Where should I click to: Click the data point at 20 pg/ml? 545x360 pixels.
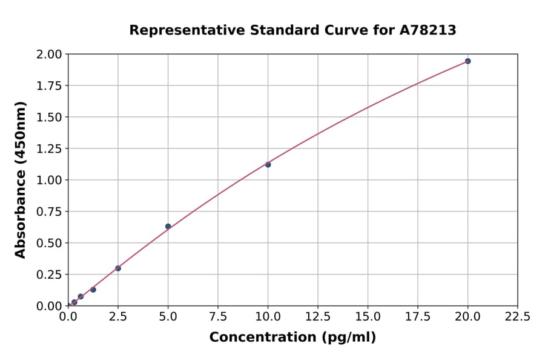coord(467,61)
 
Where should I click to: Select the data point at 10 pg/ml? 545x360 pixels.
coord(268,165)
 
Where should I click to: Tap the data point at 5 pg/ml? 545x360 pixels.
coord(168,227)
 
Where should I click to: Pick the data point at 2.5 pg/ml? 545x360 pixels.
coord(118,268)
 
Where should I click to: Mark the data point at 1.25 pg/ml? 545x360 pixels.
coord(93,290)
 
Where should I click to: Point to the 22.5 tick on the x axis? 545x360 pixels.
coord(517,316)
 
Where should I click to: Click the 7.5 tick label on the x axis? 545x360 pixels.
coord(218,316)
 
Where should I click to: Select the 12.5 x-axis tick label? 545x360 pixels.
coord(318,316)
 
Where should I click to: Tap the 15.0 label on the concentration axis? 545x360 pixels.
coord(368,316)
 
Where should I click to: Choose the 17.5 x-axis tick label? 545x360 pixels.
coord(418,316)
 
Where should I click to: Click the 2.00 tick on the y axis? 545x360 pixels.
coord(48,55)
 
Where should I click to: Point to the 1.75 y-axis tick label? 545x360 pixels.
coord(48,86)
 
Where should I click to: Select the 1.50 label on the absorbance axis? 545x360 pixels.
coord(48,118)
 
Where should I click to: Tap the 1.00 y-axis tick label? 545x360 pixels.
coord(48,181)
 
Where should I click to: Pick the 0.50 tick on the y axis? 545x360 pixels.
coord(48,243)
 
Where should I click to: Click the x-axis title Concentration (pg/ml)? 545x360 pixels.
coord(292,338)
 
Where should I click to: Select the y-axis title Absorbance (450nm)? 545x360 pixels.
coord(21,180)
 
